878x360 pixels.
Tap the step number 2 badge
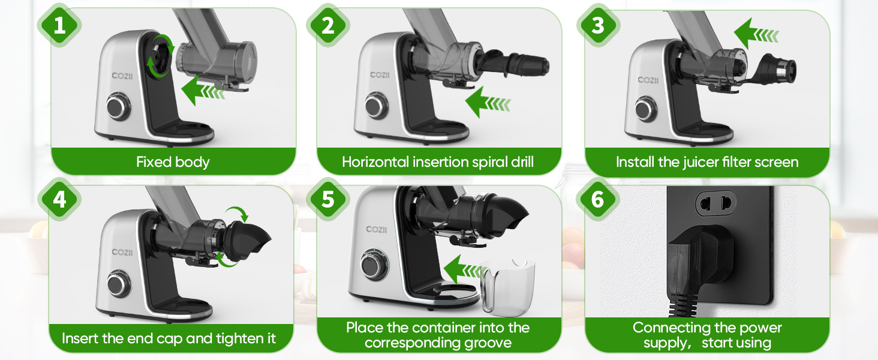328,25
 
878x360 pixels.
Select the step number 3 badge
598,25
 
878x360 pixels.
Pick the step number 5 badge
328,199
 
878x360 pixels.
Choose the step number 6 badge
598,199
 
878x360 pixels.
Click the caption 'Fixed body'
173,162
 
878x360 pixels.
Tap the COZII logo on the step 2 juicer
380,75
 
